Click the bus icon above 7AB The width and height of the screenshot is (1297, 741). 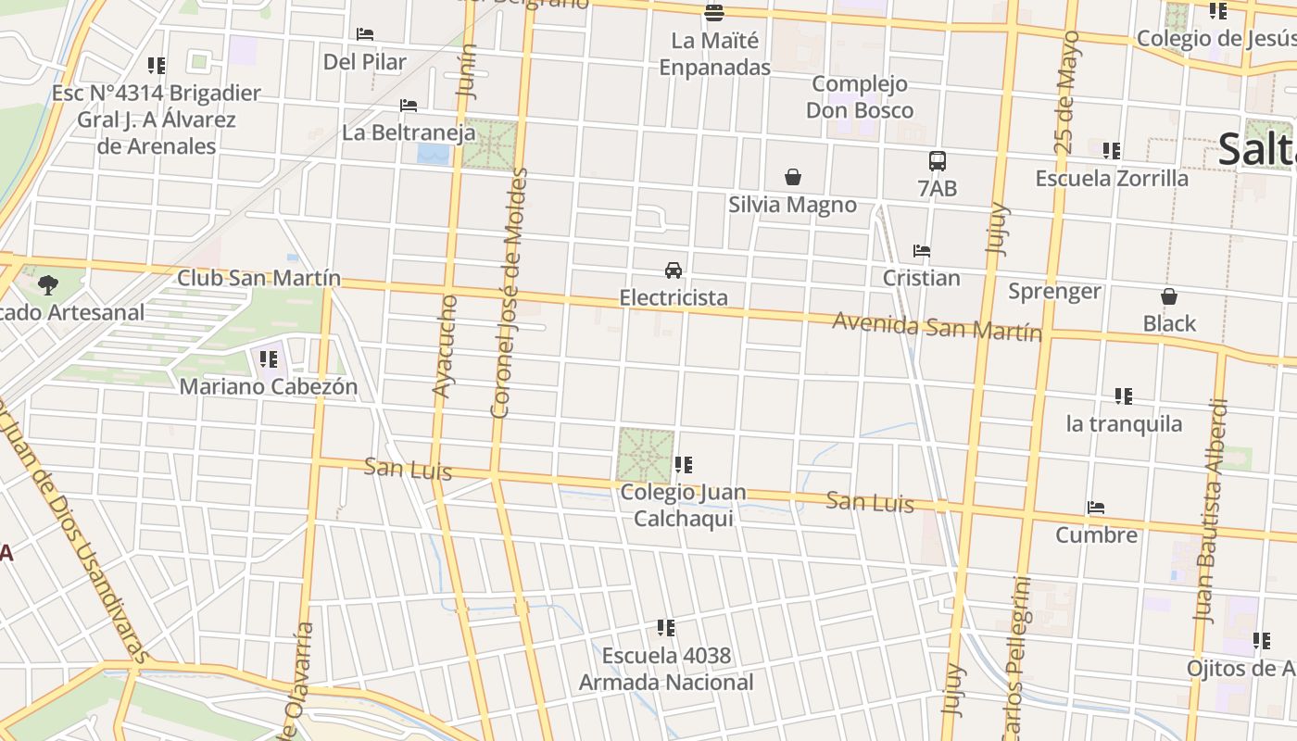coord(938,160)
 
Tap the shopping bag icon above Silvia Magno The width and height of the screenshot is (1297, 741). coord(793,176)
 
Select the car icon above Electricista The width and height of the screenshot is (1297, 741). coord(674,270)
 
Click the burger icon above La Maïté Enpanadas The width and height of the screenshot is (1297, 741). coord(714,13)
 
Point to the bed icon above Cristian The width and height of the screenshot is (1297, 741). coord(921,250)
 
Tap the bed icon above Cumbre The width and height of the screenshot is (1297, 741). coord(1096,508)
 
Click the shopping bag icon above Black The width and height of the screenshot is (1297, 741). coord(1169,296)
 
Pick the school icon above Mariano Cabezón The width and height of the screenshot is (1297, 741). coord(269,358)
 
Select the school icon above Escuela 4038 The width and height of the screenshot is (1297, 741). coord(665,628)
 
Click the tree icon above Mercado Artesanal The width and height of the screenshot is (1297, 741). coord(48,284)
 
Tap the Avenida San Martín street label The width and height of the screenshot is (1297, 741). coord(937,326)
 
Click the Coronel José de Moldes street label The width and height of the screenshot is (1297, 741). coord(509,293)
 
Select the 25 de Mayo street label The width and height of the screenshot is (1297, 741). coord(1067,92)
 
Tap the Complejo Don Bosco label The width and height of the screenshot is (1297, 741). coord(860,97)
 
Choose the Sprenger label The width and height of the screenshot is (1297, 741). coord(1054,292)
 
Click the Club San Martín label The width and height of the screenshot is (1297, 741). coord(258,278)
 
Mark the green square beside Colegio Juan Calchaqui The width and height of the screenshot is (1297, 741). coord(645,455)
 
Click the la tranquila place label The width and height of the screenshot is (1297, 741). coord(1124,424)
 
